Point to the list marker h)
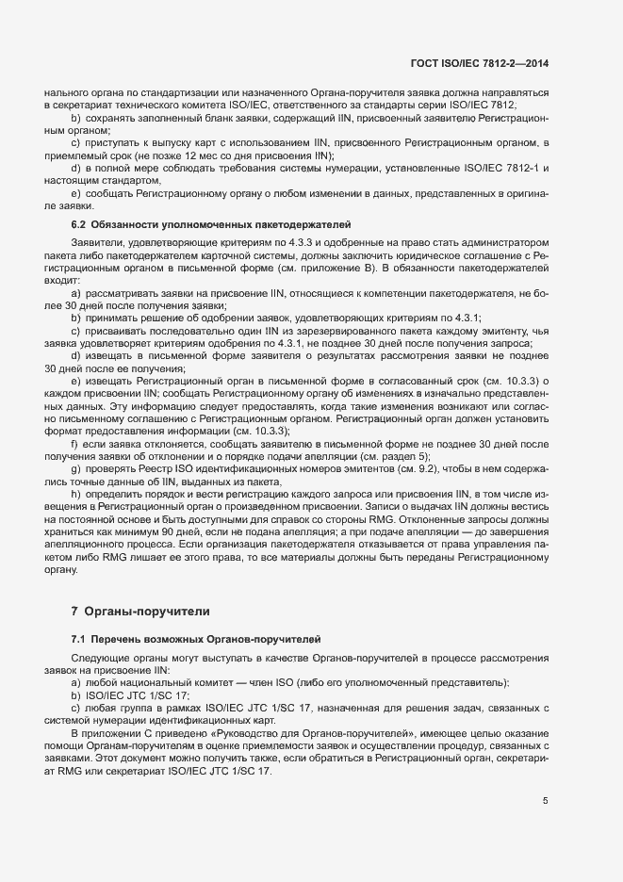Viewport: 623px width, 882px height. tap(75, 495)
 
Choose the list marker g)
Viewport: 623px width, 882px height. tap(75, 468)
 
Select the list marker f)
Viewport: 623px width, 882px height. tap(74, 442)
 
